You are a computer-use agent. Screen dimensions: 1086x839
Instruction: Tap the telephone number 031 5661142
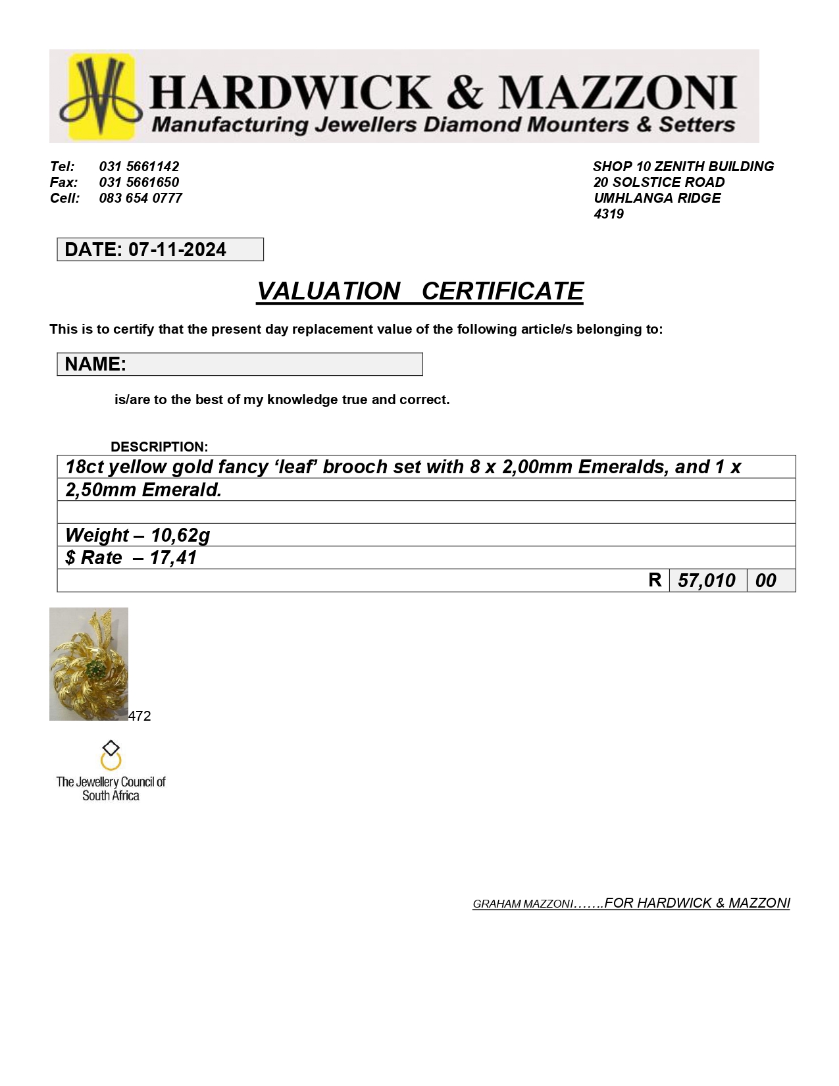139,167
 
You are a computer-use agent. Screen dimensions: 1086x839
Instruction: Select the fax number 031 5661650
139,182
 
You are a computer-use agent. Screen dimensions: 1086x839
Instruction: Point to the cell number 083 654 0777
140,198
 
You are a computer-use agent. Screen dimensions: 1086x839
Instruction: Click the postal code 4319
608,214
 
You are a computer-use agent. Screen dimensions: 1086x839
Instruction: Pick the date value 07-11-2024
177,250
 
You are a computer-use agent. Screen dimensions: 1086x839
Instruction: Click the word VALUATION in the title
328,292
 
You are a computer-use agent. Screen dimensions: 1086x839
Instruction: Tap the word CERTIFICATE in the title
502,292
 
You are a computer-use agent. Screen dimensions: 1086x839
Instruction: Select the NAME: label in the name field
95,364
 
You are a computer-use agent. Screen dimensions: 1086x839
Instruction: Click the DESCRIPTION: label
159,447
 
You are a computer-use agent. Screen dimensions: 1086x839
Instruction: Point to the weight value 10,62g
180,535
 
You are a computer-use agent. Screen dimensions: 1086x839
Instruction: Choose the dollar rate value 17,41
173,558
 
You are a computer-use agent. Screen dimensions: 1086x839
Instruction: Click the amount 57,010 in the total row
707,581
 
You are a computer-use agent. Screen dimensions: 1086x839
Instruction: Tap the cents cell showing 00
765,581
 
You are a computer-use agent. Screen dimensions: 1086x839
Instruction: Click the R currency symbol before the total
655,580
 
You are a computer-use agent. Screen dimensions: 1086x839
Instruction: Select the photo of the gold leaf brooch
89,663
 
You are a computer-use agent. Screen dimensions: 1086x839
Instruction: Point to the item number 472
140,716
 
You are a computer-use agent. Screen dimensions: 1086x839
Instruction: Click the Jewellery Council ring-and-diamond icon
111,756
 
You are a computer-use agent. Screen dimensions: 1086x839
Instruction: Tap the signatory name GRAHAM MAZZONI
522,904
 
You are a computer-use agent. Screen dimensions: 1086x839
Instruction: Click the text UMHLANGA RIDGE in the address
657,198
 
